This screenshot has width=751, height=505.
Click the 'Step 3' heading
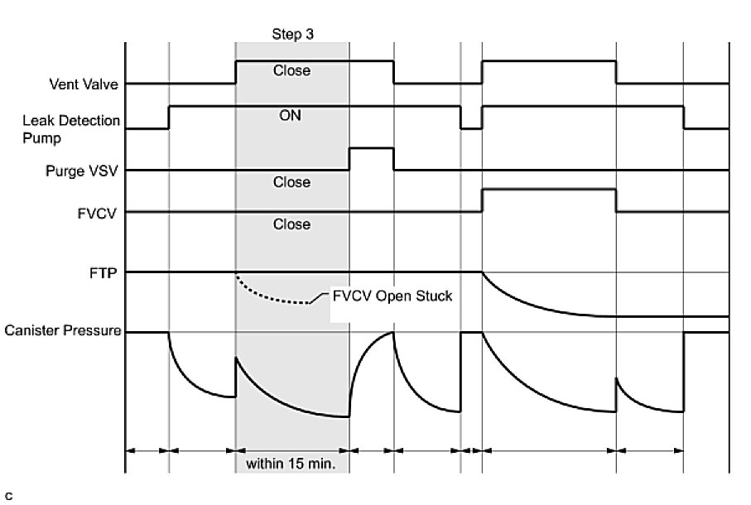click(292, 34)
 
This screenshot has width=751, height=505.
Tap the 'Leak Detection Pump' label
click(71, 128)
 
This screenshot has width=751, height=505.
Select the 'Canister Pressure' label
click(63, 332)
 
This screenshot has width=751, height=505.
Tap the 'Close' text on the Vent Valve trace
click(291, 71)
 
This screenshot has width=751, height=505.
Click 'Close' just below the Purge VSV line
click(291, 182)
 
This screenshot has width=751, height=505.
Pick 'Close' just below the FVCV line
click(291, 224)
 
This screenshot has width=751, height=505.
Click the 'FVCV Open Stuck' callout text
click(392, 296)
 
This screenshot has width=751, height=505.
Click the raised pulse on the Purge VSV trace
click(371, 148)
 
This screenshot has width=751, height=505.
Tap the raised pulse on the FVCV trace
click(549, 190)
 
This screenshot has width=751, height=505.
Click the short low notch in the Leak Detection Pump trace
click(471, 128)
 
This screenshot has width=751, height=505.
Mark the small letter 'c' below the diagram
click(8, 496)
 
